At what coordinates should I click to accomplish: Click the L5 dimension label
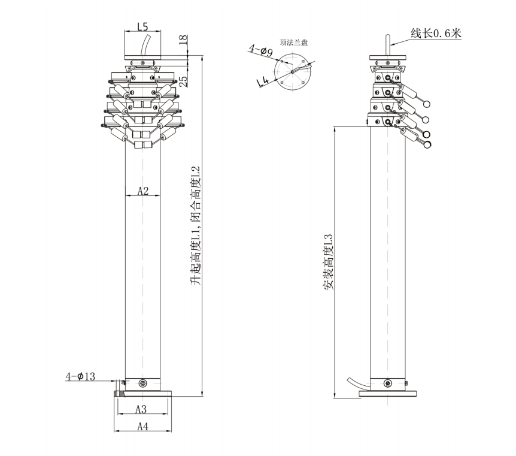[x=143, y=27]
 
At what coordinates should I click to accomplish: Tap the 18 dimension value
[x=183, y=40]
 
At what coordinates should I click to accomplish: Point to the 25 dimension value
[x=183, y=81]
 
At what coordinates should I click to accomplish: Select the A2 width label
[x=143, y=191]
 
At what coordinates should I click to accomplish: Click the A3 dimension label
[x=141, y=409]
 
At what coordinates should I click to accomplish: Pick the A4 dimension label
[x=143, y=427]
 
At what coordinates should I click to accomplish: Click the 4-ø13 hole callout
[x=80, y=376]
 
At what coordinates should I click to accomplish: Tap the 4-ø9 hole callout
[x=261, y=50]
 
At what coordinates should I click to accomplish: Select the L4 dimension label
[x=263, y=81]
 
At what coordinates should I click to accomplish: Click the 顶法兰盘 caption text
[x=294, y=42]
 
